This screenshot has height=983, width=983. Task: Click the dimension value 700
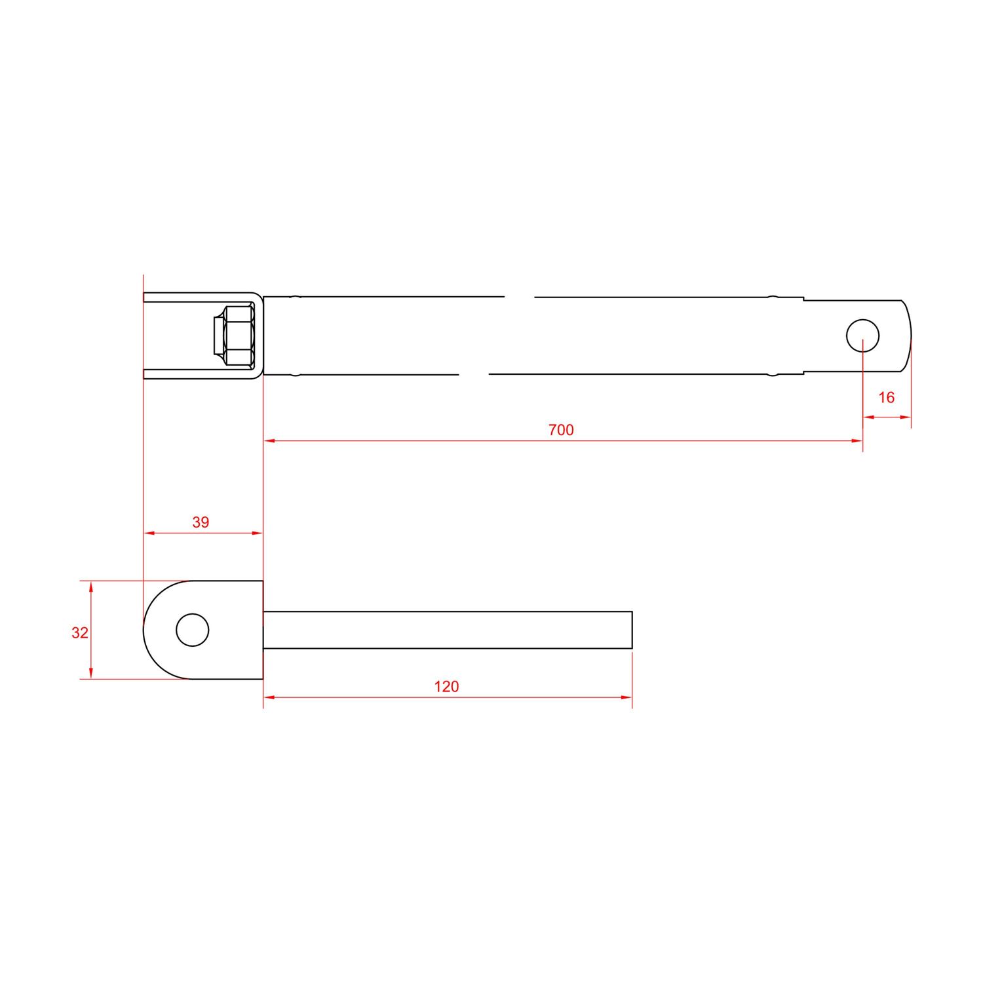(561, 430)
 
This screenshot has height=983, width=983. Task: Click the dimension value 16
(886, 397)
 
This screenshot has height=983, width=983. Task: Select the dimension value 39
(201, 522)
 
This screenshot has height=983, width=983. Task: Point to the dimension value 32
(80, 633)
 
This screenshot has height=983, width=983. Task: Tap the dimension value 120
(446, 686)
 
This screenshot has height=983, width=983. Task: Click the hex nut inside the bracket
(237, 336)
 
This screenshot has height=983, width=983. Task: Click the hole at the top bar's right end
(862, 336)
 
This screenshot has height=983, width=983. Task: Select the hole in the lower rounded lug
(193, 630)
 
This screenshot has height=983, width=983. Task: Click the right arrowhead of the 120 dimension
(627, 697)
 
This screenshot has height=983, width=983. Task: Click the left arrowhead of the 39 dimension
(149, 533)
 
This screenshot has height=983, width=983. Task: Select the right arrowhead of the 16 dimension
(906, 417)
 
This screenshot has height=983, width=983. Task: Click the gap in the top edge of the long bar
(519, 297)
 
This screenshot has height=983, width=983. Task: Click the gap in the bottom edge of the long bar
(474, 375)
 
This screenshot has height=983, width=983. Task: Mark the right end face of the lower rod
(632, 630)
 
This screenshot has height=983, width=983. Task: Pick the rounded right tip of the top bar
(910, 336)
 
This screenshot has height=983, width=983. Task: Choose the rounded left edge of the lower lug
(144, 630)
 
